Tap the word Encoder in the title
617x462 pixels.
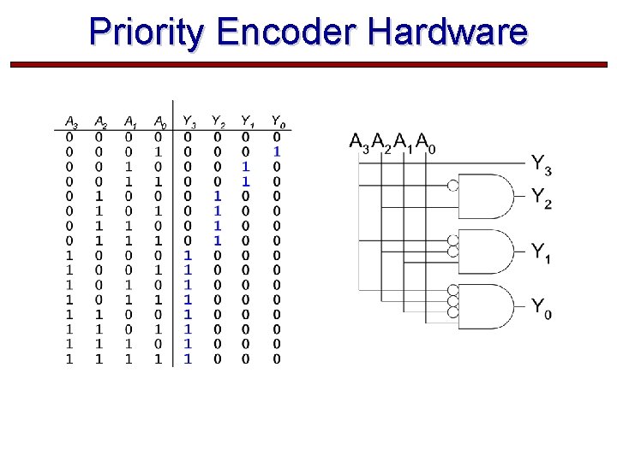coord(288,33)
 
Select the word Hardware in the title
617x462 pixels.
coord(447,33)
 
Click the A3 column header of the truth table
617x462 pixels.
coord(72,121)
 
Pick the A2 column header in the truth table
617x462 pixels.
coord(100,121)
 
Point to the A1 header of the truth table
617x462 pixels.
coord(130,121)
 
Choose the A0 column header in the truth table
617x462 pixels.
coord(159,121)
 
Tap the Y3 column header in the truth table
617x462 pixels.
coord(189,121)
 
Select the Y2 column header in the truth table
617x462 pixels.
coord(219,121)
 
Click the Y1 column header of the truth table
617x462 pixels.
coord(248,121)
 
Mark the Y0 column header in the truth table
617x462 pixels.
coord(278,121)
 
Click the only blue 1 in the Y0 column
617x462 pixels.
coord(277,151)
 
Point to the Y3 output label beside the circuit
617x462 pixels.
coord(541,163)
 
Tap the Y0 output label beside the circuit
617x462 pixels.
coord(541,306)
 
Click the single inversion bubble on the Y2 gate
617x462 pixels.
coord(453,185)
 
